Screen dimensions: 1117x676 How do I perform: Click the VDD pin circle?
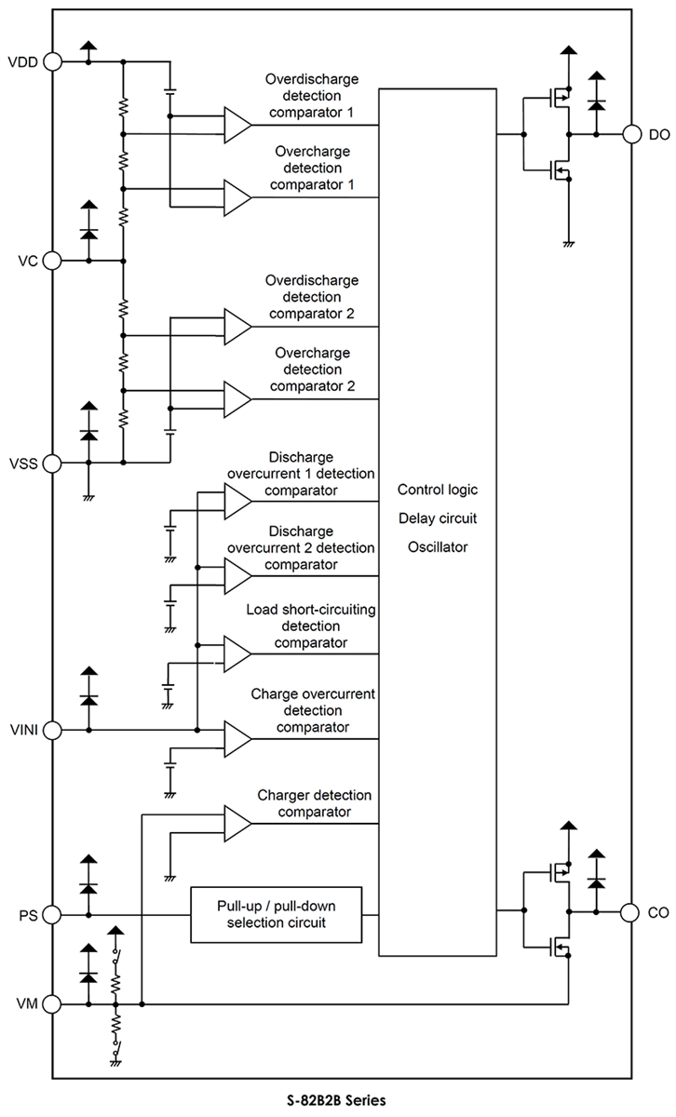53,62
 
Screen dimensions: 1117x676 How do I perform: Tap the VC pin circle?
53,261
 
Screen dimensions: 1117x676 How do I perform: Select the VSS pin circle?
53,462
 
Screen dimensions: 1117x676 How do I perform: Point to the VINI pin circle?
53,730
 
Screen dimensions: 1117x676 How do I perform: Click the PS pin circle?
53,915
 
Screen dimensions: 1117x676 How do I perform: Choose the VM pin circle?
53,1004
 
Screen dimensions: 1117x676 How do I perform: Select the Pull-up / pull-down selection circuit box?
276,915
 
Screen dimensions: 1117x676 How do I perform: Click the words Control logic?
437,490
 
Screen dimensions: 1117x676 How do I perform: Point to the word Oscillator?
437,546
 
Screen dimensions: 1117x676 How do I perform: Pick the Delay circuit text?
437,518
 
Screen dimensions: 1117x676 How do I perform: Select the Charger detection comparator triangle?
237,822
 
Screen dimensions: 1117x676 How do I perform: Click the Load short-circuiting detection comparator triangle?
237,653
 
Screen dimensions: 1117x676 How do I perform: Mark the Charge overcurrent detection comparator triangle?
237,739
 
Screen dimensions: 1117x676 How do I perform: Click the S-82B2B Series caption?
337,1099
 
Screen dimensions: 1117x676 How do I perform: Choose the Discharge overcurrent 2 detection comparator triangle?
237,575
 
